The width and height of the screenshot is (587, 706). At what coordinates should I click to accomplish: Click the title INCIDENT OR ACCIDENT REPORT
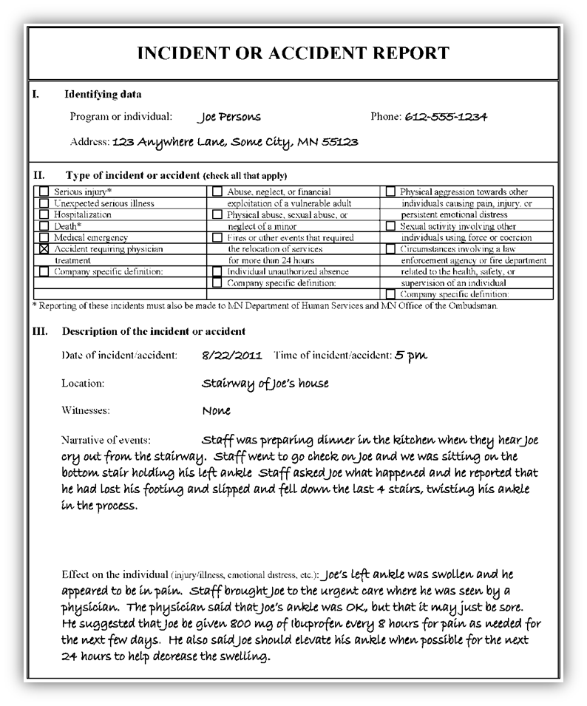click(293, 53)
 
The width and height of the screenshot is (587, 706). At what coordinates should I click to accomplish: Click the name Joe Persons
click(229, 118)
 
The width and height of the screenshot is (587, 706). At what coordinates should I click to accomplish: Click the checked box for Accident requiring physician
click(44, 250)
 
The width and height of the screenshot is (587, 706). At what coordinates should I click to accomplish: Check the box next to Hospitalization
click(44, 215)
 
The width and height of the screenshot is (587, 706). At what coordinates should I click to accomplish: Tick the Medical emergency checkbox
click(44, 238)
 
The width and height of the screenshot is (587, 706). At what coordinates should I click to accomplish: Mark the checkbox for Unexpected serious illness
click(44, 203)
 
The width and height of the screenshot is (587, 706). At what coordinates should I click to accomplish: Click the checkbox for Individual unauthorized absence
click(217, 272)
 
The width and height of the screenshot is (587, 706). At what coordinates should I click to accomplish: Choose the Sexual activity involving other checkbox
click(390, 226)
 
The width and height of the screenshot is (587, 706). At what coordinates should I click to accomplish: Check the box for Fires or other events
click(217, 238)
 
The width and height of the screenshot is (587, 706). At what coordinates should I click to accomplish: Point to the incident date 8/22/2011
click(232, 356)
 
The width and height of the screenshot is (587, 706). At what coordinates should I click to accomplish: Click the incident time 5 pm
click(410, 356)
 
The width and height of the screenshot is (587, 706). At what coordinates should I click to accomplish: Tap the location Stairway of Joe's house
click(265, 383)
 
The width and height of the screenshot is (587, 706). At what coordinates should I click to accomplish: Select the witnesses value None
click(216, 410)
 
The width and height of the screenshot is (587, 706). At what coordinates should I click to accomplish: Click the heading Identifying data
click(103, 94)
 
